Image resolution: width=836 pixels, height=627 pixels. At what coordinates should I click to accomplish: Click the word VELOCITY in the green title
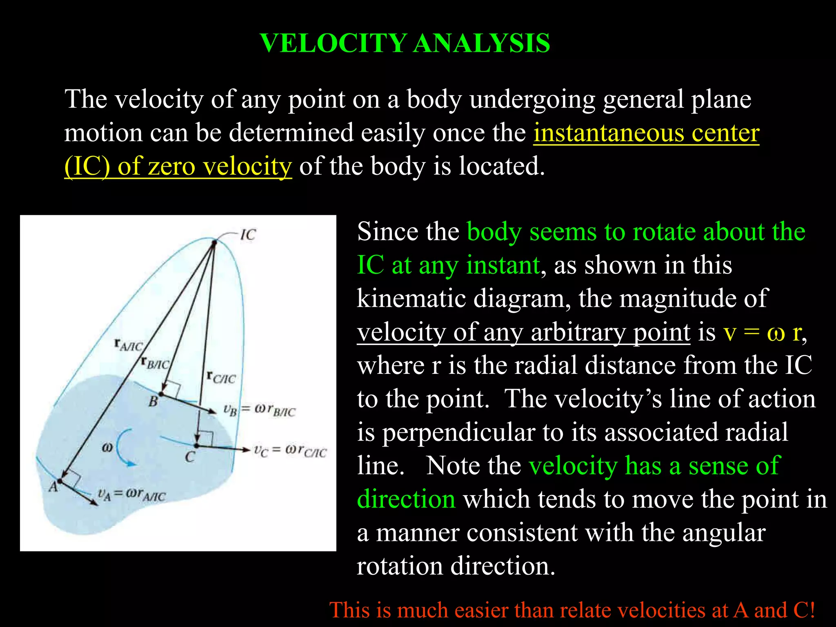click(x=333, y=43)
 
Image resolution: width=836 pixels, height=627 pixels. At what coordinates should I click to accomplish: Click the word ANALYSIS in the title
click(x=482, y=43)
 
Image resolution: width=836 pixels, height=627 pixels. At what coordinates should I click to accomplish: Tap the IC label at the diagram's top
click(x=248, y=235)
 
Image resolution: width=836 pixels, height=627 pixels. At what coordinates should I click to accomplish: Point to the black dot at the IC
click(x=213, y=243)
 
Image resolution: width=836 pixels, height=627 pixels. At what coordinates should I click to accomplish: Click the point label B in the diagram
click(x=153, y=402)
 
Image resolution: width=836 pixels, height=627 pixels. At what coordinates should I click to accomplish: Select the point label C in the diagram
click(x=190, y=457)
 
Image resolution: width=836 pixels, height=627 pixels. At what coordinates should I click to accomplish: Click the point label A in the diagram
click(x=53, y=487)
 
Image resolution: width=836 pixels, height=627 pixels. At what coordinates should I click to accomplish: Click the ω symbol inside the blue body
click(x=107, y=447)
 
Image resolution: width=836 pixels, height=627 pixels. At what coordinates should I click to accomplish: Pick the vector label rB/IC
click(x=155, y=362)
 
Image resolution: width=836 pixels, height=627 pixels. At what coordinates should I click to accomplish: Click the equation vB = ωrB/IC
click(x=260, y=410)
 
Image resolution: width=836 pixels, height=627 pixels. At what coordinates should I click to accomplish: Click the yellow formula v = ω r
click(x=763, y=332)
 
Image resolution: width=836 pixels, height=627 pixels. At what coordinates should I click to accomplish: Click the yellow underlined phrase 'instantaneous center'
click(x=646, y=133)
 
